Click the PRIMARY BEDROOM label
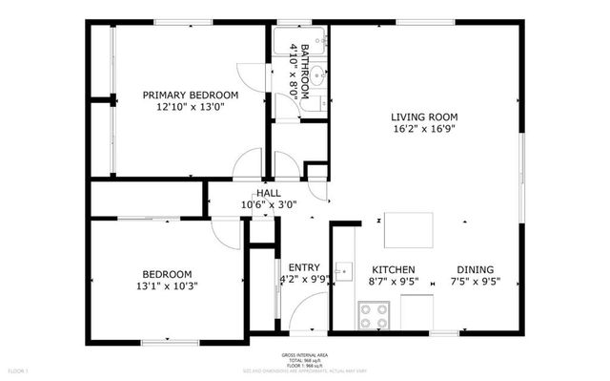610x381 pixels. pos(191,95)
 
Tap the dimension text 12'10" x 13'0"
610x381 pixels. pos(191,108)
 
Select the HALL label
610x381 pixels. pos(269,192)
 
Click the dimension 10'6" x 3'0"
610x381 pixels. pos(269,203)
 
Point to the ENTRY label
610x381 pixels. pos(303,267)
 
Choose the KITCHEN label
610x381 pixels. pos(393,268)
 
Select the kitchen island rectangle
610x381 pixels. pos(408,230)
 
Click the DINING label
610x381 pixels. pos(475,268)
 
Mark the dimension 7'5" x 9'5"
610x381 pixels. pos(475,281)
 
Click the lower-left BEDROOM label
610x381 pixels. pos(167,273)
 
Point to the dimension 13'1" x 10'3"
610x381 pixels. pos(167,286)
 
